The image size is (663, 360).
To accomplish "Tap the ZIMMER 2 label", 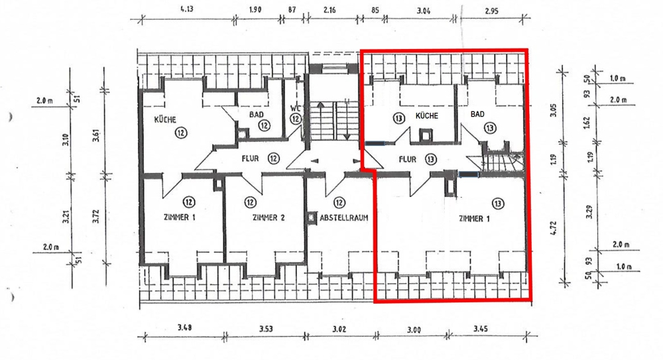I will tap(268, 217).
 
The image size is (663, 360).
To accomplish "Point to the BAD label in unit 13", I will tap(477, 115).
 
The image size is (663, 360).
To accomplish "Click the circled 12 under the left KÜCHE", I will tap(181, 132).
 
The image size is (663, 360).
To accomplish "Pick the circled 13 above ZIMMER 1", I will tap(499, 202).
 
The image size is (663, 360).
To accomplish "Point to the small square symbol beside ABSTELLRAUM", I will tap(312, 216).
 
